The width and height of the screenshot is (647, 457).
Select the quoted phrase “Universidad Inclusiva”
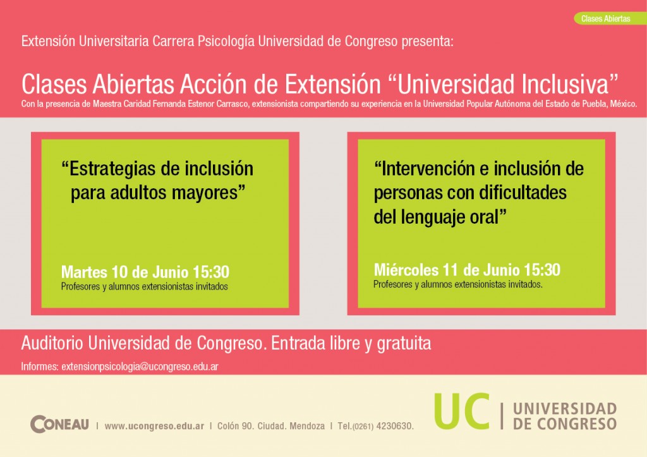pos(504,84)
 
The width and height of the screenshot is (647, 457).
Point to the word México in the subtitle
pos(624,104)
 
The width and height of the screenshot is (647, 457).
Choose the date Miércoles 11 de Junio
pos(447,270)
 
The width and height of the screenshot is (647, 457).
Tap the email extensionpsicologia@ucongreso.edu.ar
pos(140,367)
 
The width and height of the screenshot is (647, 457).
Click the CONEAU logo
pos(59,424)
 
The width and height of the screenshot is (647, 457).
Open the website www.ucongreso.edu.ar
pos(154,426)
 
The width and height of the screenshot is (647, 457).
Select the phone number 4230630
pos(395,426)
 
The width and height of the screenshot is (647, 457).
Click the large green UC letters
pos(462,411)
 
